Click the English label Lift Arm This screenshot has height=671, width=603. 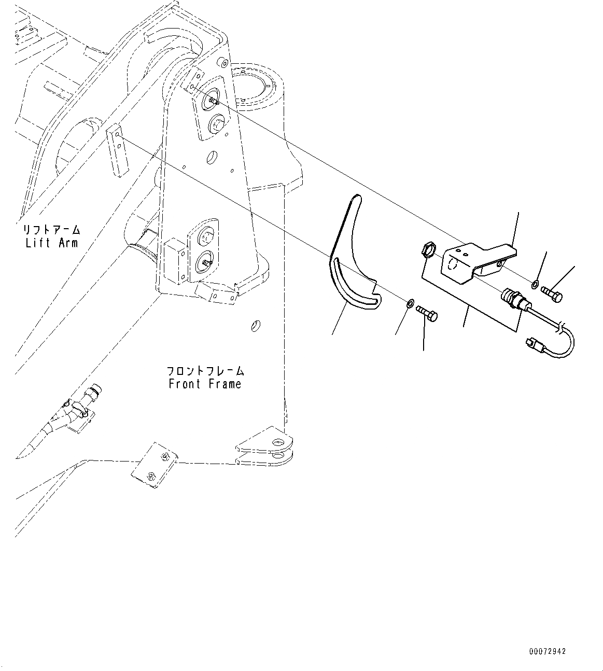(x=52, y=243)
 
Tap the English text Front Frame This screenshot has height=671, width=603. (x=205, y=384)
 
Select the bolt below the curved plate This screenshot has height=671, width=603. (x=426, y=312)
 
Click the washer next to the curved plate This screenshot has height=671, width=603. (x=410, y=302)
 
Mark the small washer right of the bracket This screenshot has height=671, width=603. (x=535, y=284)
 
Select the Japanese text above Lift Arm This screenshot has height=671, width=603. (x=52, y=229)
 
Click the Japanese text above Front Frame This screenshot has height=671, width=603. (x=205, y=371)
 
